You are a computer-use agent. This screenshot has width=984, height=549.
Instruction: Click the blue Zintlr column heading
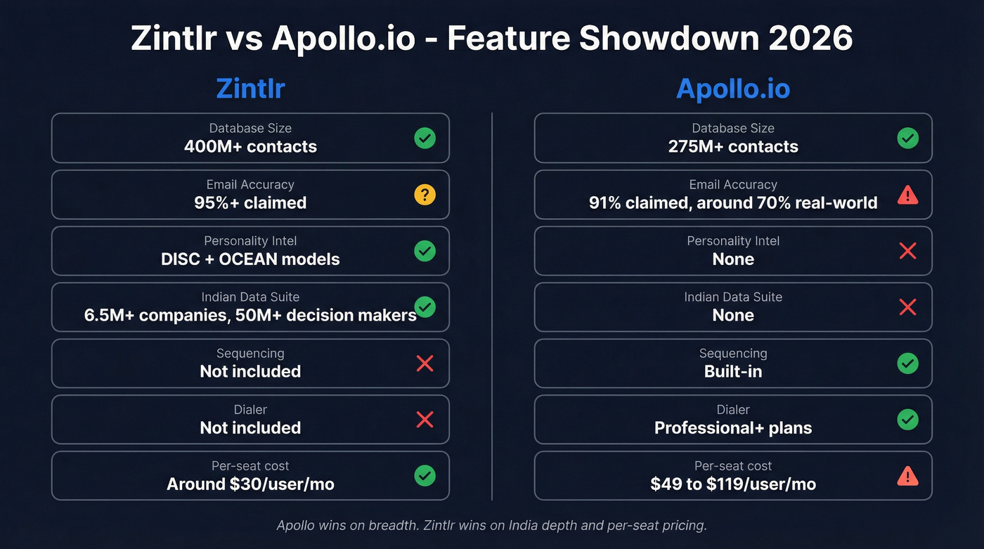pos(250,89)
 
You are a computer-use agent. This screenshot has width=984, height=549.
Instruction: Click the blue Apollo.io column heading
pos(733,89)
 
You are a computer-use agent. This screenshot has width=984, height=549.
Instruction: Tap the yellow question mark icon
pos(425,195)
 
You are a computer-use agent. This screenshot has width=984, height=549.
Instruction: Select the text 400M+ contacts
pos(250,147)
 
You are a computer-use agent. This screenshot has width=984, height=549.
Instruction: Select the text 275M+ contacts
pos(733,147)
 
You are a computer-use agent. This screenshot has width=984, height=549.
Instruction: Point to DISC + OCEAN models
pos(250,259)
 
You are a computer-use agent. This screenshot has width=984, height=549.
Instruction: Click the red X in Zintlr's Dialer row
pos(425,420)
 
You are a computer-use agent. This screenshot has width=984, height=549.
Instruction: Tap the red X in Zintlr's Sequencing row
pos(425,363)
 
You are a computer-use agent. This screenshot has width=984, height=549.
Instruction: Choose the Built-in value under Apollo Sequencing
pos(733,372)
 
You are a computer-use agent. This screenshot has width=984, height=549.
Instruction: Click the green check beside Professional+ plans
pos(907,420)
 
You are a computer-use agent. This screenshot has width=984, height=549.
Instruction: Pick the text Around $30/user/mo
pos(250,484)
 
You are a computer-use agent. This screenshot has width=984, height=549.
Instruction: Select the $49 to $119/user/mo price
pos(733,484)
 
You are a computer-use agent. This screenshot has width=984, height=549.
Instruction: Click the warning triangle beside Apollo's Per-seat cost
pos(907,477)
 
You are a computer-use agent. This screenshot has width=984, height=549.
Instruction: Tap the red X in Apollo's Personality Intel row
pos(907,251)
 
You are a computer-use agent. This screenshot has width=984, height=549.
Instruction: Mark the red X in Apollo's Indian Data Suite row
pos(907,307)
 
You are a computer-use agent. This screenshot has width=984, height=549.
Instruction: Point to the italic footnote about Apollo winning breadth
pos(491,525)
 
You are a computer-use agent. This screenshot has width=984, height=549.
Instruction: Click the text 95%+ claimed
pos(250,203)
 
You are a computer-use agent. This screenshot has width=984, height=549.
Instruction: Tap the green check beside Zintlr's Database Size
pos(425,138)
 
